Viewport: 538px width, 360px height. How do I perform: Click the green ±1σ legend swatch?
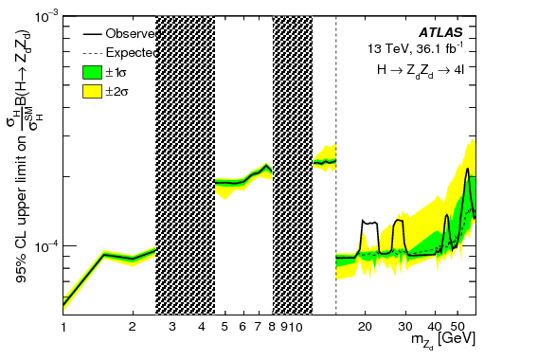click(92, 72)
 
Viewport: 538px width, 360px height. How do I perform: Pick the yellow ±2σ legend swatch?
click(92, 92)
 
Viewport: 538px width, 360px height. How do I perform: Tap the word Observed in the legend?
click(137, 33)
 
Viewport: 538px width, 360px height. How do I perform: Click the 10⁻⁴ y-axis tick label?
click(43, 247)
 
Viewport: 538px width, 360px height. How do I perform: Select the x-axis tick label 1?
click(63, 327)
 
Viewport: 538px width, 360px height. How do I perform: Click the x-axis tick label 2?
click(133, 327)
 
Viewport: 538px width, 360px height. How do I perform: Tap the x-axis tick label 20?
click(367, 327)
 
